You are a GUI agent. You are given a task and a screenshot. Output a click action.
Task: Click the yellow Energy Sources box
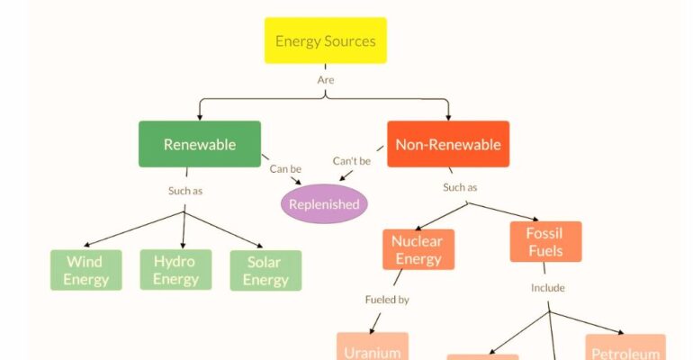[x=325, y=40]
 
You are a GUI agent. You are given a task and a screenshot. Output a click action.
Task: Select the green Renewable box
[x=199, y=144]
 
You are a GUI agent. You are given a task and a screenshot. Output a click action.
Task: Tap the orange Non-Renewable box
[x=448, y=144]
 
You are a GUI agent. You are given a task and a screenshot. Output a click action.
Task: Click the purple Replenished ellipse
[x=324, y=203]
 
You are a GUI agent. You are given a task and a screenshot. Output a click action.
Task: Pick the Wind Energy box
[x=85, y=270]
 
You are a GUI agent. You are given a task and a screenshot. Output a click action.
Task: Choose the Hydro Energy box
[x=175, y=269]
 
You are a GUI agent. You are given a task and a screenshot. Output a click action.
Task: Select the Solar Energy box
[x=265, y=270]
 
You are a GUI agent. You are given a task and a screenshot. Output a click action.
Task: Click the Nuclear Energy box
[x=418, y=249]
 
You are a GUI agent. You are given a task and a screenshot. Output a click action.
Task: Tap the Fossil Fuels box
[x=545, y=241]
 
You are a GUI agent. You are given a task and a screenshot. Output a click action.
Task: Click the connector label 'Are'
[x=326, y=80]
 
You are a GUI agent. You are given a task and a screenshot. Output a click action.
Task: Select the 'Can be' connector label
[x=285, y=168]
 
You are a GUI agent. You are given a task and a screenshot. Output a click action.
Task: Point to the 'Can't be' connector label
[x=352, y=161]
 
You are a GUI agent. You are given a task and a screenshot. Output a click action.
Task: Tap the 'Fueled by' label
[x=387, y=300]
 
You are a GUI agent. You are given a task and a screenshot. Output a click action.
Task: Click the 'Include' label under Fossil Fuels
[x=547, y=289]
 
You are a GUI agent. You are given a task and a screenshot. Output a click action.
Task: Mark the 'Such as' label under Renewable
[x=185, y=191]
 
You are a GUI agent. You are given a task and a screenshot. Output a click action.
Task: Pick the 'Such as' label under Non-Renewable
[x=460, y=187]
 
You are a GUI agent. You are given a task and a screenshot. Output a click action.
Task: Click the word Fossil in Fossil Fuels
[x=545, y=232]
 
